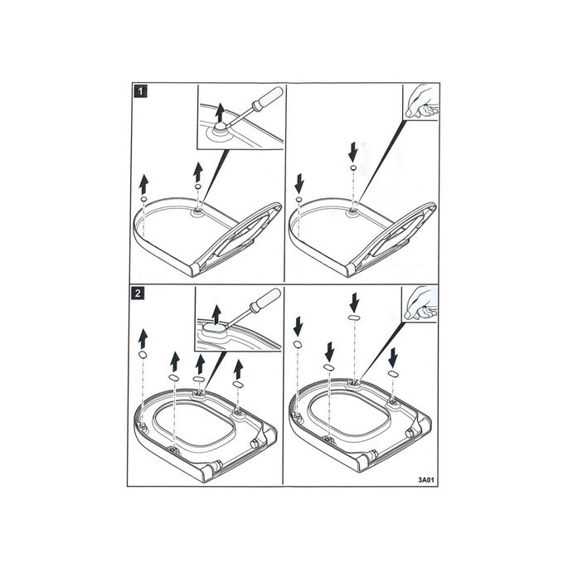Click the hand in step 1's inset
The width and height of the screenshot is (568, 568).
(422, 102)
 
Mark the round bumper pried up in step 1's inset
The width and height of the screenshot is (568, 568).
(221, 128)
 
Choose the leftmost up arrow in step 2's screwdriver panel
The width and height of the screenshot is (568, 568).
(143, 337)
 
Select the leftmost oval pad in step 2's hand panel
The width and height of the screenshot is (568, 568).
(298, 344)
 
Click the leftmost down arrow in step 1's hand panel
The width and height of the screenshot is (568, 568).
(299, 181)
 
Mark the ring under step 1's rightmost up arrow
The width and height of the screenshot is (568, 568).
(198, 188)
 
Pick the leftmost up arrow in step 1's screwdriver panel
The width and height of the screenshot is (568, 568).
(143, 182)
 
